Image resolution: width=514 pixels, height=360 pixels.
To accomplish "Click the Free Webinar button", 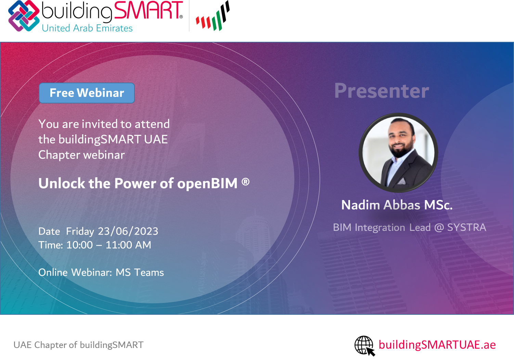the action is tap(87, 93).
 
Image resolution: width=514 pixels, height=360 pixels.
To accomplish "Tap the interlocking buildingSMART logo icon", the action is tap(24, 16).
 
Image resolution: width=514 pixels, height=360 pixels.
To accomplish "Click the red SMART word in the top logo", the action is tap(148, 10).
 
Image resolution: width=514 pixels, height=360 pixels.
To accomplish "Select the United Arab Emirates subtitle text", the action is tap(87, 28).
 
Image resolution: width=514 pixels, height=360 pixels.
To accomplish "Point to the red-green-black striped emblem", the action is tap(213, 16).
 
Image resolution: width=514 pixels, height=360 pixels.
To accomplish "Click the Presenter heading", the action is tap(382, 91).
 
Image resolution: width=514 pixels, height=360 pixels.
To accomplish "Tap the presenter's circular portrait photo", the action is tap(398, 152).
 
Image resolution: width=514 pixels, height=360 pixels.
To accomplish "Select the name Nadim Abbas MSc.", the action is tap(397, 205).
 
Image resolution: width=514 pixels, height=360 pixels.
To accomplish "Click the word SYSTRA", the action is tap(466, 227).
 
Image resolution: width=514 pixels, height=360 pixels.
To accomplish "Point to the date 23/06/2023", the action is tap(128, 231).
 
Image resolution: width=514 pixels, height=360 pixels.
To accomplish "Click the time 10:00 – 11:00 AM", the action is tap(109, 245).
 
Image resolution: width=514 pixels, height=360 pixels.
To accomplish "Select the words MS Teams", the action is tap(140, 272).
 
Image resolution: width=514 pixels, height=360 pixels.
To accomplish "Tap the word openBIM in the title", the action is tap(207, 184).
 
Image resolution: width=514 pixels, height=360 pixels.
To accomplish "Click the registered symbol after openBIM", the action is tap(245, 182).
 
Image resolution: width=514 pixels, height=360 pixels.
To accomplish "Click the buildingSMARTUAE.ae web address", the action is tap(437, 345).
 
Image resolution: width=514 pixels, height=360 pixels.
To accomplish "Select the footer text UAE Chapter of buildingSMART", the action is tap(78, 345).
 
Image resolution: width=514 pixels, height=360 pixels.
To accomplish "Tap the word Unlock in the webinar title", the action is tap(62, 183).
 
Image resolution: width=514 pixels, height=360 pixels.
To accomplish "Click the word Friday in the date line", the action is tap(80, 232).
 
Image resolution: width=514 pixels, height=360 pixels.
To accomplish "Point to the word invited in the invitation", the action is tap(100, 124).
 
